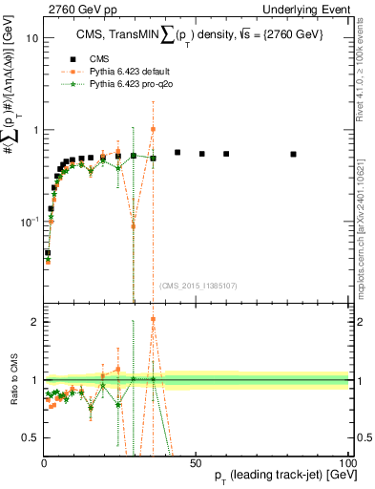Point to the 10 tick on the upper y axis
tap(32, 38)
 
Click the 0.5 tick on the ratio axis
tap(32, 437)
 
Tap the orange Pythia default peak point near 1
tap(153, 129)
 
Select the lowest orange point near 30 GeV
tap(133, 226)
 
